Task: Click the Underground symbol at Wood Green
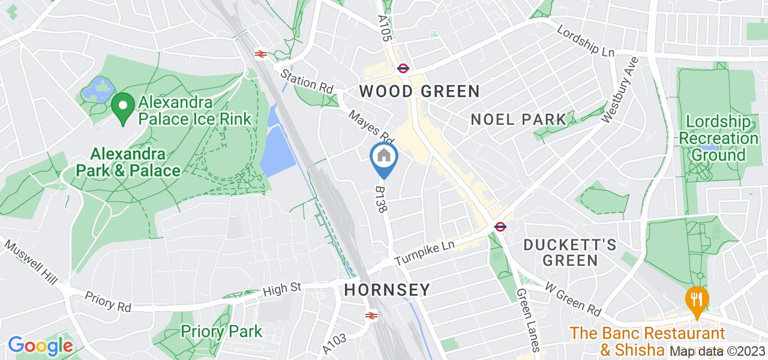[403, 68]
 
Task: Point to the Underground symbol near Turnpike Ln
[499, 226]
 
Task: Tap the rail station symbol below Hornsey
[371, 315]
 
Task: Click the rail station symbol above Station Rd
[260, 54]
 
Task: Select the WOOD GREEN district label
[419, 91]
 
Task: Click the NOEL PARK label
[518, 119]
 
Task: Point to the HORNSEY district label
[387, 290]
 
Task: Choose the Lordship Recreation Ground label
[718, 139]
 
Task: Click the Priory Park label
[221, 331]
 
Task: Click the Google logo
[40, 346]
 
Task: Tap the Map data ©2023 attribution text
[718, 351]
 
